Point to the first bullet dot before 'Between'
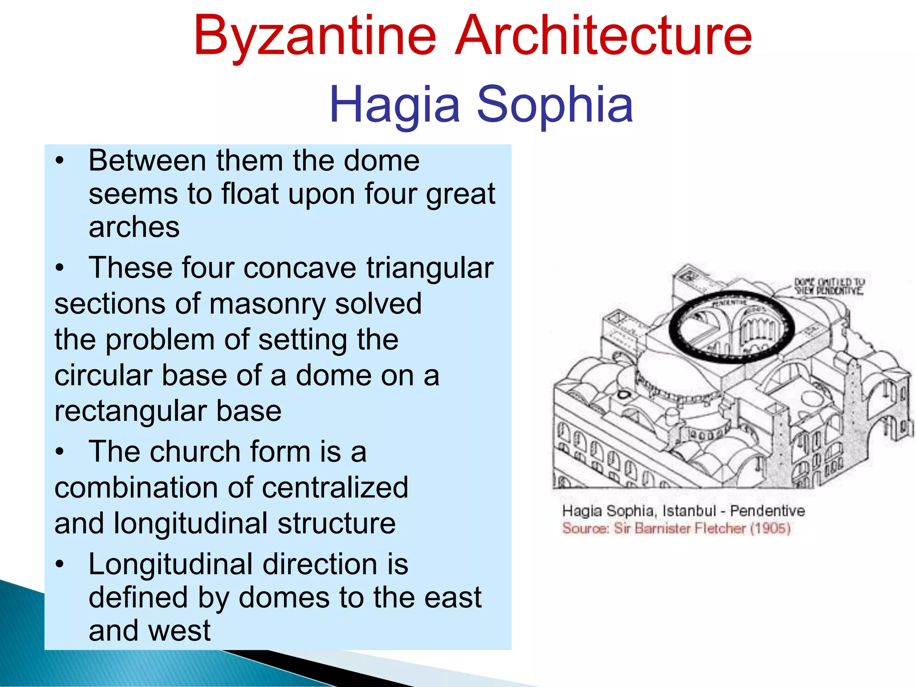pyautogui.click(x=60, y=161)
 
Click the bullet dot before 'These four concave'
pyautogui.click(x=60, y=268)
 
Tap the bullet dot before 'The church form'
pyautogui.click(x=60, y=452)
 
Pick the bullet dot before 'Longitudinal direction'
pyautogui.click(x=60, y=564)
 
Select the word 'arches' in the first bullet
pyautogui.click(x=134, y=227)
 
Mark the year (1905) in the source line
pyautogui.click(x=770, y=529)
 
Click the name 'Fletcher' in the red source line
pyautogui.click(x=720, y=529)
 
